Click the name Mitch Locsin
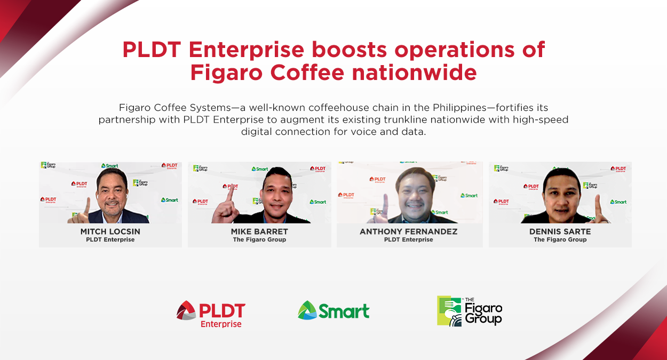coord(110,231)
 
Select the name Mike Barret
coord(259,231)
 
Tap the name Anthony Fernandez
coord(409,231)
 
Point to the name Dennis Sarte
coord(560,231)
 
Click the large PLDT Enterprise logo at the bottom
coord(211,314)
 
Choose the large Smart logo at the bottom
coord(333,310)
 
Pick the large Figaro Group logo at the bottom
coord(470,311)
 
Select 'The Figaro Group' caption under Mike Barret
coord(259,240)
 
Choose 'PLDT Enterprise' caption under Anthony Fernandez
coord(409,240)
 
